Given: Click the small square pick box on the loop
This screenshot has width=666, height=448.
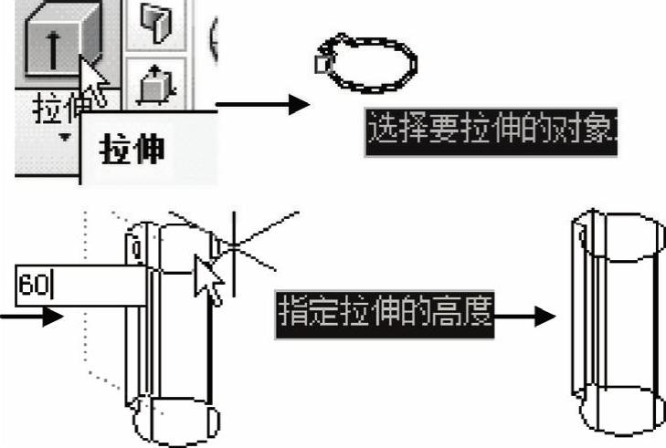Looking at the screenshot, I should pos(321,64).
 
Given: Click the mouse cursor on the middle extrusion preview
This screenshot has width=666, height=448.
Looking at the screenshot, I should pos(208,279).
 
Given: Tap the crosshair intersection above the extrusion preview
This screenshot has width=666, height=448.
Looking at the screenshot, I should pos(234,245).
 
